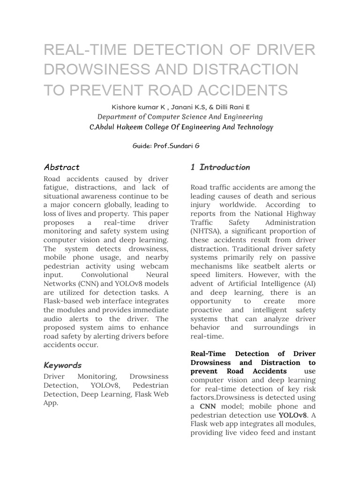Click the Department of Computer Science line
pos(180,117)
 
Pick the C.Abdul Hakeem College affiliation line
pos(181,127)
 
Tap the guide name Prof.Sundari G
pos(179,146)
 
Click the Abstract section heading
pos(61,167)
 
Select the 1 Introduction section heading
pos(220,167)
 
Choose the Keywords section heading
pos(62,365)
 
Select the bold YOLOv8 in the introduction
pos(292,415)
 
